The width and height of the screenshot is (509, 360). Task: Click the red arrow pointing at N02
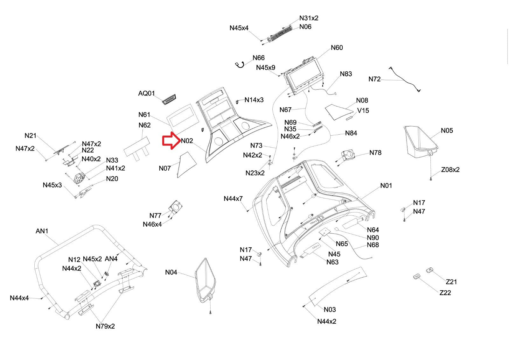click(171, 141)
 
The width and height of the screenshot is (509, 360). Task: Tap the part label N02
click(187, 141)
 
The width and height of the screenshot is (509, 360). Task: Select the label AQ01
click(146, 93)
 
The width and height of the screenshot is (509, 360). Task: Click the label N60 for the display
click(337, 48)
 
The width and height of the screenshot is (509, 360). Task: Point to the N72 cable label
click(374, 79)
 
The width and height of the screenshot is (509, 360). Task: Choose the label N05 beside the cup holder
click(447, 131)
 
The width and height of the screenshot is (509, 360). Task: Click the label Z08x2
click(450, 170)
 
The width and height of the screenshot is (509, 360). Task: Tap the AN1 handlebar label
click(42, 231)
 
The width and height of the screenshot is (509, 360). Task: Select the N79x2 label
click(105, 326)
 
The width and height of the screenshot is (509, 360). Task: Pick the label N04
click(171, 272)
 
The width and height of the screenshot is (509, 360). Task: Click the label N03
click(330, 309)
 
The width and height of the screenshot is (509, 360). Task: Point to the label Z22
click(445, 293)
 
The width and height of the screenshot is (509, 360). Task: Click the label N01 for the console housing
click(386, 185)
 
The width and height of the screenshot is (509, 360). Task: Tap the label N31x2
click(309, 18)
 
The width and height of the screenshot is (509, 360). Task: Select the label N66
click(258, 58)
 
